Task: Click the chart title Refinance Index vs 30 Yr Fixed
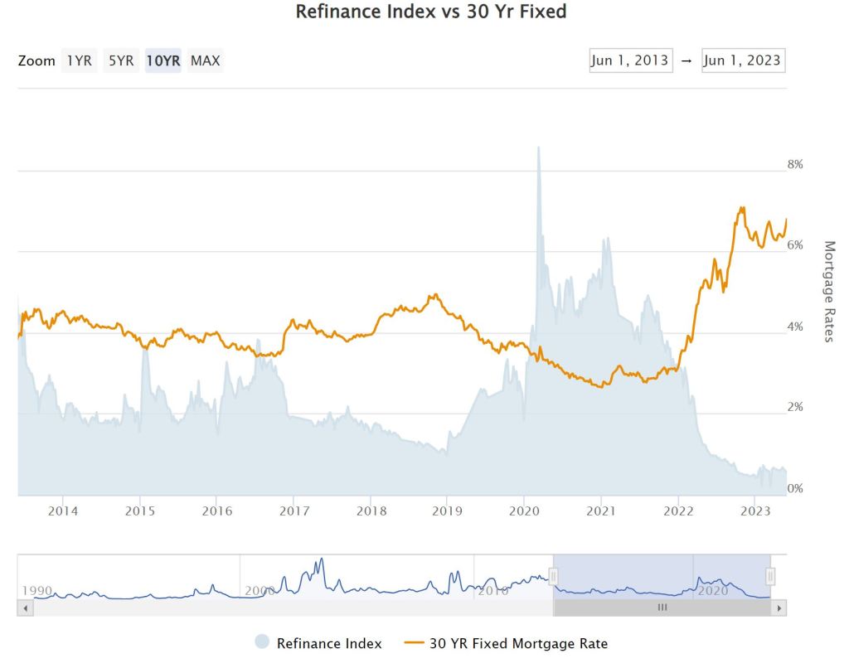(431, 12)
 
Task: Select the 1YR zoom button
(79, 61)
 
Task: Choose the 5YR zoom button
(121, 61)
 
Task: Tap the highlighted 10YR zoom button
(163, 61)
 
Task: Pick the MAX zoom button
(205, 61)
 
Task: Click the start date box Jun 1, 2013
(630, 61)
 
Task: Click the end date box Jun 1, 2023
(742, 61)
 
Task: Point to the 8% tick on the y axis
(794, 165)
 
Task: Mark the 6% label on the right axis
(794, 245)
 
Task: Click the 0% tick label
(794, 489)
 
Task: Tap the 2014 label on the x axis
(63, 511)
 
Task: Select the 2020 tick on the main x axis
(523, 511)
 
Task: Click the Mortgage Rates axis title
(828, 291)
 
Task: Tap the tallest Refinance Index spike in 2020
(538, 148)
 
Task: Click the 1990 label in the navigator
(37, 591)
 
